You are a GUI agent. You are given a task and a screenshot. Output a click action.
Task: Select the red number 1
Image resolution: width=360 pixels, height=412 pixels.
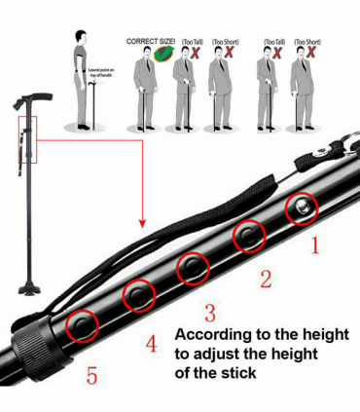313,245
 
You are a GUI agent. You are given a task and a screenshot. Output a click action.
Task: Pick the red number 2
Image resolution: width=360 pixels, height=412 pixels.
264,280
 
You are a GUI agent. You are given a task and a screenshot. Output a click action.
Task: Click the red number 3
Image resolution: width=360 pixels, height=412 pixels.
208,312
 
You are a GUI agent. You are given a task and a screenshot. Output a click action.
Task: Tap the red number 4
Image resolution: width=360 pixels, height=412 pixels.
151,342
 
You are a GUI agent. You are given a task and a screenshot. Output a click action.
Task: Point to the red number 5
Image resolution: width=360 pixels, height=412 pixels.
91,375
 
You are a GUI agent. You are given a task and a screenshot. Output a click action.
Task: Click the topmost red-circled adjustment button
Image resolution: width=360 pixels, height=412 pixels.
300,206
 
